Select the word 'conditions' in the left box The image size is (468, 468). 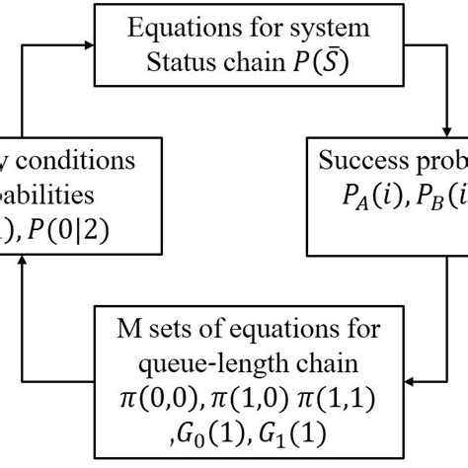click(90, 160)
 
